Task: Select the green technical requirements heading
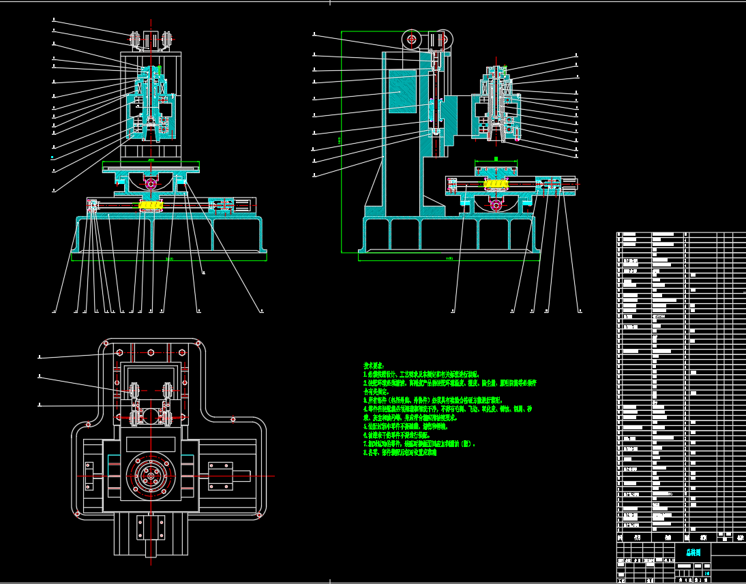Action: coord(374,366)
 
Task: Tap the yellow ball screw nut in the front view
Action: coord(150,204)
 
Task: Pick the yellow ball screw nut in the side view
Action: coord(496,183)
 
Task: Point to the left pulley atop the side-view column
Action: coord(411,40)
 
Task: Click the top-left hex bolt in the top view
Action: coord(120,353)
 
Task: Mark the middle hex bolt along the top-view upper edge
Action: coord(151,353)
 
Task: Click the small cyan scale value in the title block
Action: coord(706,573)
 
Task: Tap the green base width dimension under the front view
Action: coord(169,260)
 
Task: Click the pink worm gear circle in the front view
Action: coord(151,183)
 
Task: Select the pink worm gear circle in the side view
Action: coord(496,204)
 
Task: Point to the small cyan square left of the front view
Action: coord(53,158)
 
